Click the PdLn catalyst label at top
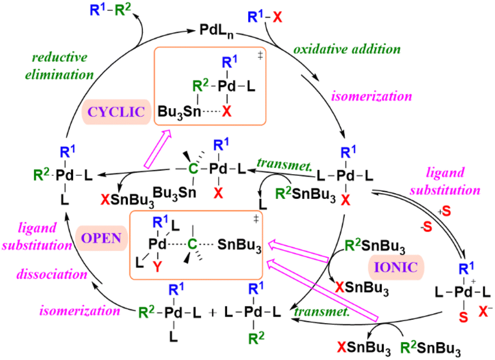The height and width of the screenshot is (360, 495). tap(217, 32)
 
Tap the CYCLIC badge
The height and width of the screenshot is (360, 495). tap(116, 112)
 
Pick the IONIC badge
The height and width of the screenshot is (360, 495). tap(396, 267)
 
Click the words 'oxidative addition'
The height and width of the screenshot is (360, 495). tap(347, 49)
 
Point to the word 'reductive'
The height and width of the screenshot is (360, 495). tap(60, 57)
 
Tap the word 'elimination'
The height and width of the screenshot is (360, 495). tap(59, 75)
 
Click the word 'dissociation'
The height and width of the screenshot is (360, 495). tap(52, 274)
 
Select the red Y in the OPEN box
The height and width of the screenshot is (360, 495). tap(157, 267)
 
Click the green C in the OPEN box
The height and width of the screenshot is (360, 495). tap(193, 244)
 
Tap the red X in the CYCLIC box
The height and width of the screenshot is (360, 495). tap(227, 111)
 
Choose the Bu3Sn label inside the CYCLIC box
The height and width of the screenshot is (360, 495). tap(179, 112)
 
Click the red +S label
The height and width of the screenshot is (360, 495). tap(444, 212)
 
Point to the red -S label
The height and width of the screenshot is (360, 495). tap(426, 227)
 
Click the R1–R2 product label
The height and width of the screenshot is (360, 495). tap(110, 10)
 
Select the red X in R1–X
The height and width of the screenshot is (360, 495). tap(277, 17)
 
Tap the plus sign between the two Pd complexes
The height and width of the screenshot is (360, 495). tap(213, 313)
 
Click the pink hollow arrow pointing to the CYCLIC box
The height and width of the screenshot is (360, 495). tap(158, 148)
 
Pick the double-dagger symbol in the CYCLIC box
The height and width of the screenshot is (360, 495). tap(260, 56)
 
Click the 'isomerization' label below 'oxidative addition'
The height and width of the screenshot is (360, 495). tap(372, 96)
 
